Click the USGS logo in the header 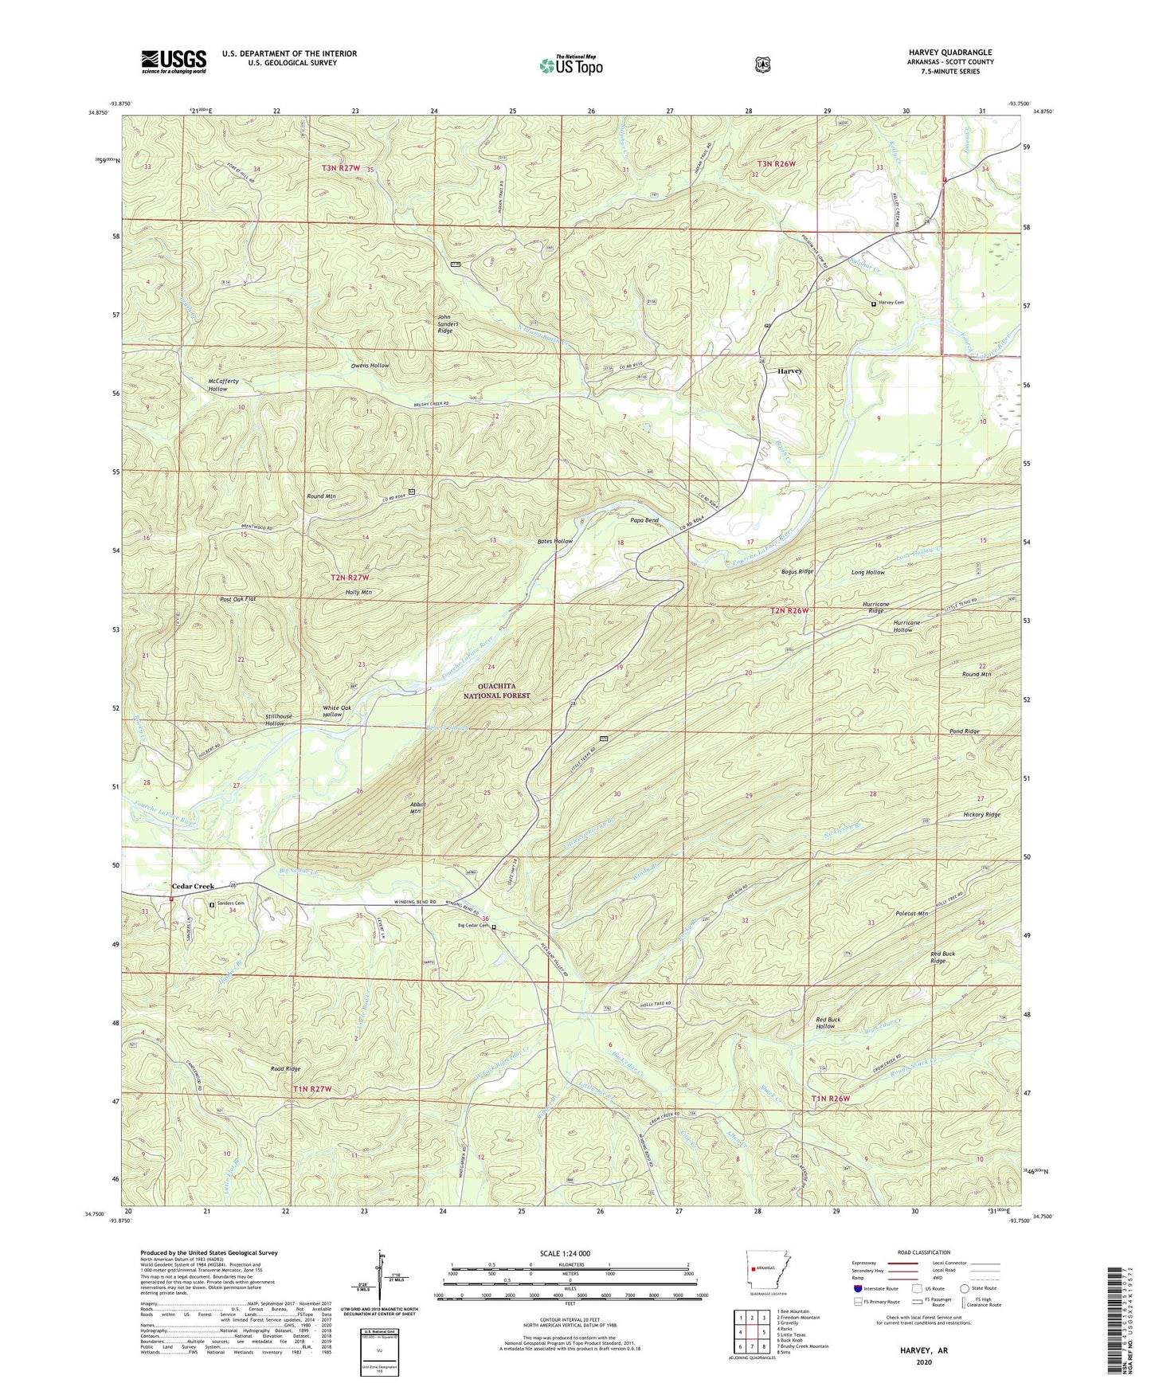[174, 61]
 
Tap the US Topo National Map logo [570, 65]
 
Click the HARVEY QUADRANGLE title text [949, 53]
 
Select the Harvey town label [789, 371]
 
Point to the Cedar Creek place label [194, 886]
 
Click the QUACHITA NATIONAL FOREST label [492, 691]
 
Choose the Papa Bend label [644, 521]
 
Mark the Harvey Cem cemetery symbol [873, 304]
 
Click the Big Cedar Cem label [472, 927]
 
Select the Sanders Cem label [230, 903]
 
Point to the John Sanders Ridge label [445, 323]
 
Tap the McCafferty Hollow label [217, 385]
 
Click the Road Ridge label [285, 1068]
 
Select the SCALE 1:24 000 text [565, 1254]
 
